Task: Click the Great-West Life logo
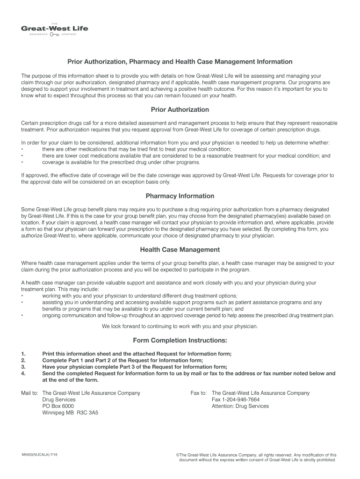tap(54, 29)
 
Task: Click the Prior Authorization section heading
tap(180, 109)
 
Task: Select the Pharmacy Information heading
tap(180, 196)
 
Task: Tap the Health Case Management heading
tap(180, 250)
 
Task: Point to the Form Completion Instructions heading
tap(180, 340)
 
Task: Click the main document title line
tap(180, 62)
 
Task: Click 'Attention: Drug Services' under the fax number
tap(240, 406)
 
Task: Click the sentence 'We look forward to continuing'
tap(180, 326)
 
